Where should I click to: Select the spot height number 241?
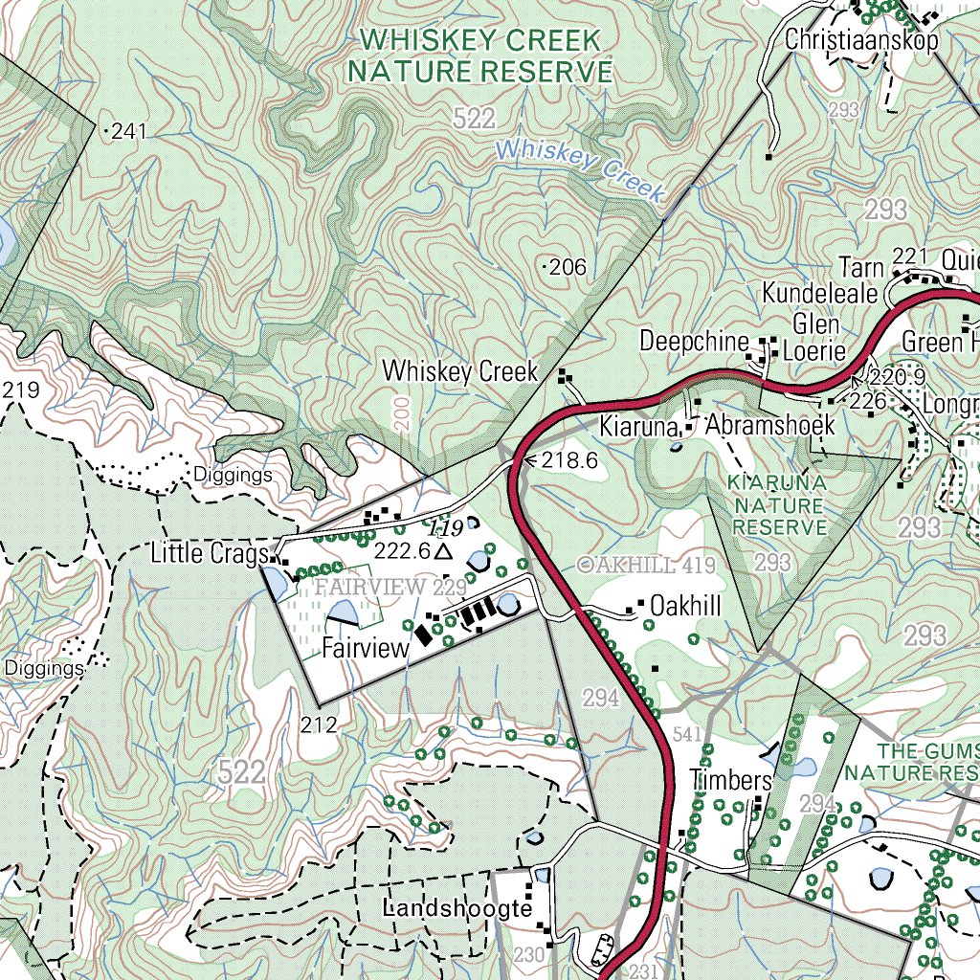coord(128,132)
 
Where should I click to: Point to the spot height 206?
coord(568,267)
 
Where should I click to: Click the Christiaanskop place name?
coord(861,40)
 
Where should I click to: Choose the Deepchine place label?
coord(694,342)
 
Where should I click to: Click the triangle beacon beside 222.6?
coord(442,552)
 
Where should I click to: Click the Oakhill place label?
coord(684,607)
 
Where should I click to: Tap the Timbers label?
coord(731,780)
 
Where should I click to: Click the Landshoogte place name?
coord(457,907)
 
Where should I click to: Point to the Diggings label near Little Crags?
coord(233,475)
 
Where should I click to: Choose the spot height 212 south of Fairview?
coord(320,724)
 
